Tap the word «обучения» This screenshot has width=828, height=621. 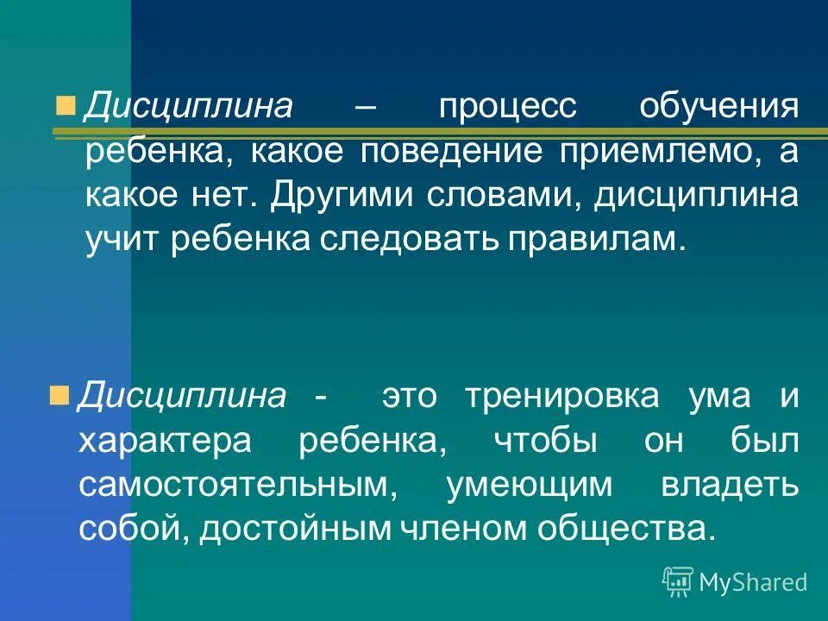718,109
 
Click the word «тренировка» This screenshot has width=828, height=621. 561,397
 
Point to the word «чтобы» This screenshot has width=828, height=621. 545,441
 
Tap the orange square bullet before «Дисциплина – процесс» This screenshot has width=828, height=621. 64,105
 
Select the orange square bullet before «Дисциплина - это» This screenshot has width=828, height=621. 59,395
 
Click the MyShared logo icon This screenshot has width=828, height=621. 677,582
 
